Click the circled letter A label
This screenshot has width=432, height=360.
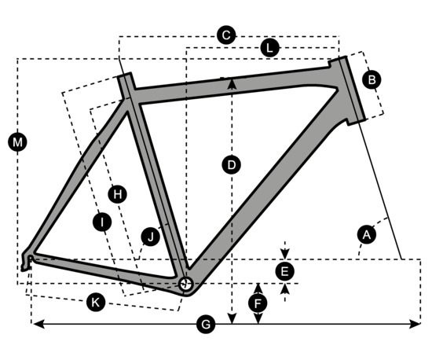(367, 235)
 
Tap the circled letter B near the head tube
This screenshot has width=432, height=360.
(372, 80)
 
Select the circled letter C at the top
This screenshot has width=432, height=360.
(226, 35)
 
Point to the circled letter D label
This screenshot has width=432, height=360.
(232, 165)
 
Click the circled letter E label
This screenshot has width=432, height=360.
(285, 271)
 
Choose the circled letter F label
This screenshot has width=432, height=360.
(258, 303)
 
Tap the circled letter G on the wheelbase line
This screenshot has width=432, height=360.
(206, 324)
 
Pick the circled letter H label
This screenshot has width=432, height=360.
(117, 194)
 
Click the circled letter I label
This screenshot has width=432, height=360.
(102, 222)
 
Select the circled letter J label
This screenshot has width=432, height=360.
(151, 237)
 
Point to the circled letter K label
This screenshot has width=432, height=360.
(96, 303)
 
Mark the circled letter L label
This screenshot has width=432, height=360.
(270, 48)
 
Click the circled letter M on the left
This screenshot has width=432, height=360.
(17, 142)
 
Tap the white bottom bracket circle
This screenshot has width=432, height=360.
(185, 284)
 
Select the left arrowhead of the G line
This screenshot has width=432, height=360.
(38, 324)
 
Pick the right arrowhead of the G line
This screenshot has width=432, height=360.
(415, 324)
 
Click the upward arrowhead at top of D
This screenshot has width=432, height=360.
(232, 83)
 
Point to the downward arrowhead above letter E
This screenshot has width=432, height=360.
(285, 254)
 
